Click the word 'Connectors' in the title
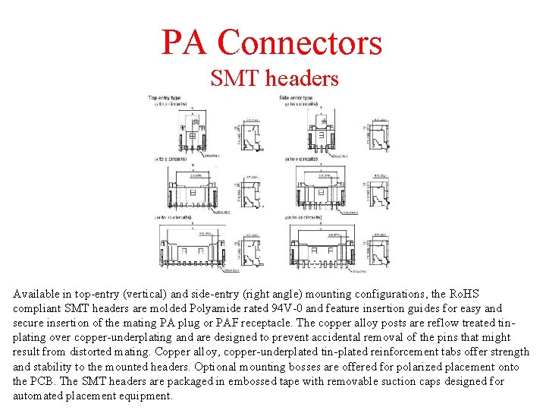[300, 43]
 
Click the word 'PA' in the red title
[185, 43]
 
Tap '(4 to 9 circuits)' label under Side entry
[301, 159]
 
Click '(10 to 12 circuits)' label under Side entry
[303, 217]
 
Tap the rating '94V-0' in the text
[279, 308]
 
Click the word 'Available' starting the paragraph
[37, 294]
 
